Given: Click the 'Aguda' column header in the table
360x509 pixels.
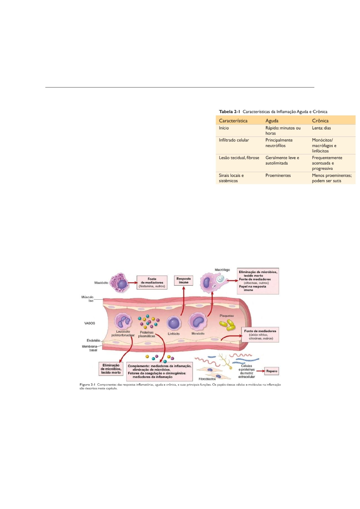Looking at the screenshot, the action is pyautogui.click(x=272, y=121).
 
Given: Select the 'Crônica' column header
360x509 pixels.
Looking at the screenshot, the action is pyautogui.click(x=320, y=121).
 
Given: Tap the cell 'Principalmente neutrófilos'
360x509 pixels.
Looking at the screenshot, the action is pyautogui.click(x=279, y=143).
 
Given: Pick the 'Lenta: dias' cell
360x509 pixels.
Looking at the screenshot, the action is pyautogui.click(x=321, y=128).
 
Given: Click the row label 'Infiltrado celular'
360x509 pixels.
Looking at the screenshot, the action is pyautogui.click(x=234, y=140).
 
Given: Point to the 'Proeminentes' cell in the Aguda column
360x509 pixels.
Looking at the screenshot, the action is pyautogui.click(x=278, y=175).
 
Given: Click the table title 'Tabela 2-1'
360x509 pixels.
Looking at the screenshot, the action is pyautogui.click(x=229, y=112).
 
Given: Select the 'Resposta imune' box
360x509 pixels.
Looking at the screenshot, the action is pyautogui.click(x=183, y=280).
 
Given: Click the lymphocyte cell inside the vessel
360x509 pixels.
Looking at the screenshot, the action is pyautogui.click(x=174, y=323).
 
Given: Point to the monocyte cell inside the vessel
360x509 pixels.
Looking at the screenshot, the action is pyautogui.click(x=198, y=322).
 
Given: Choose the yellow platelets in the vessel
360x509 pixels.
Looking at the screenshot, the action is pyautogui.click(x=227, y=325).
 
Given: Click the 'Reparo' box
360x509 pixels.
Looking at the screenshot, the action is pyautogui.click(x=271, y=371).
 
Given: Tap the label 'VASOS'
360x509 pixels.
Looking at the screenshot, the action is pyautogui.click(x=89, y=323).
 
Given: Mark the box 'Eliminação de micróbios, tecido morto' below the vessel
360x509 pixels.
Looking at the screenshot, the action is pyautogui.click(x=111, y=369).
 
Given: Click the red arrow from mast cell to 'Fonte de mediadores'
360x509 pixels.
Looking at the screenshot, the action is pyautogui.click(x=132, y=283).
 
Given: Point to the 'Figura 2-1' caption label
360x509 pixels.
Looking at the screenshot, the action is pyautogui.click(x=87, y=384).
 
